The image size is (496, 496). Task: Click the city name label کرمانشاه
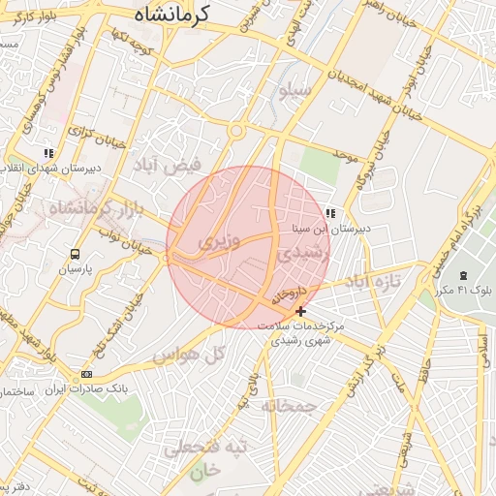coord(170,15)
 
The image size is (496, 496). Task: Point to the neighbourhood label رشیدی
coord(304,253)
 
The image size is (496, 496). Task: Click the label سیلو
coord(293,93)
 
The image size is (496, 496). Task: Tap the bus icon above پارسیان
coord(75,254)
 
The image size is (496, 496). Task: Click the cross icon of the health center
coord(301,311)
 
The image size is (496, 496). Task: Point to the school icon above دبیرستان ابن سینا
coord(330,213)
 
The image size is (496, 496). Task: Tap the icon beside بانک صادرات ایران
coord(87,374)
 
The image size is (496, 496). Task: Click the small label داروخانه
coord(289,292)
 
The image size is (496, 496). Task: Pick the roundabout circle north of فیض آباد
coord(235,130)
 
